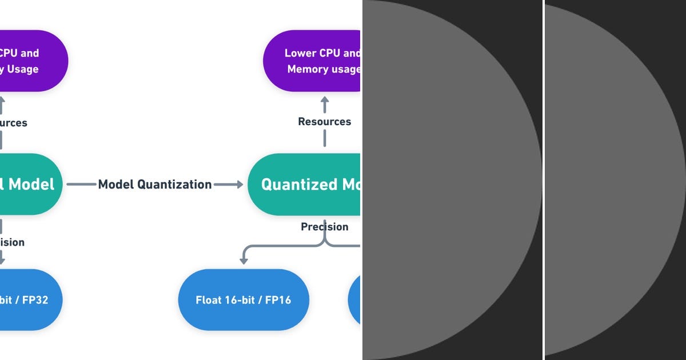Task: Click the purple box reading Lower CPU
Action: pos(312,61)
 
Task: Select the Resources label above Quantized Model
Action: pos(324,122)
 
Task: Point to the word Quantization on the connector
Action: pos(178,184)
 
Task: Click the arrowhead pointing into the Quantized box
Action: pos(238,184)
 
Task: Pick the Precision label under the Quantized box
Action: pos(324,227)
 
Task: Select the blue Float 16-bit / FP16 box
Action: pos(244,299)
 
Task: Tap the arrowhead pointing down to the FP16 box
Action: pos(244,261)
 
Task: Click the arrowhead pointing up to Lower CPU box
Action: pos(325,101)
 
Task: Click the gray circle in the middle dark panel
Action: pos(446,180)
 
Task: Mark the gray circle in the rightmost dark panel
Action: pos(612,180)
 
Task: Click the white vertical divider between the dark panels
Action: pos(543,180)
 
